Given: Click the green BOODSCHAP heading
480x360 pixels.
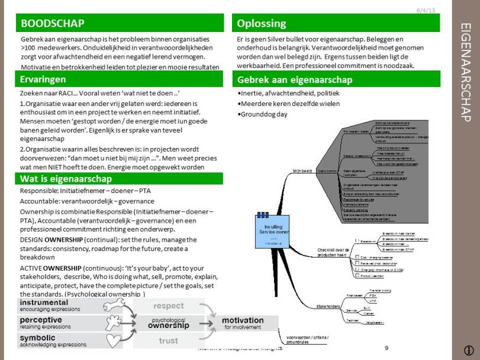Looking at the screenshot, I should coord(52,24).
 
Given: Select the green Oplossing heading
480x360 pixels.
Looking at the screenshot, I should coord(261,24).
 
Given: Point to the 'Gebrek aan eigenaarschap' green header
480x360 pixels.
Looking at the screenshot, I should coord(294,79).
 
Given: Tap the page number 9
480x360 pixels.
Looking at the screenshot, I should coord(386,348).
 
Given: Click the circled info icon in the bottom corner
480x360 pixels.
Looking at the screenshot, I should coord(469,350).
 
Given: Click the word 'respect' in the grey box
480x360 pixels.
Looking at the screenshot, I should coord(168,306).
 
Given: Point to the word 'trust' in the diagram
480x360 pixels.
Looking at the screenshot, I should coord(168,340).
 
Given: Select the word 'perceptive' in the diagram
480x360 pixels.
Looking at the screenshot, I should coord(41,320).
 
